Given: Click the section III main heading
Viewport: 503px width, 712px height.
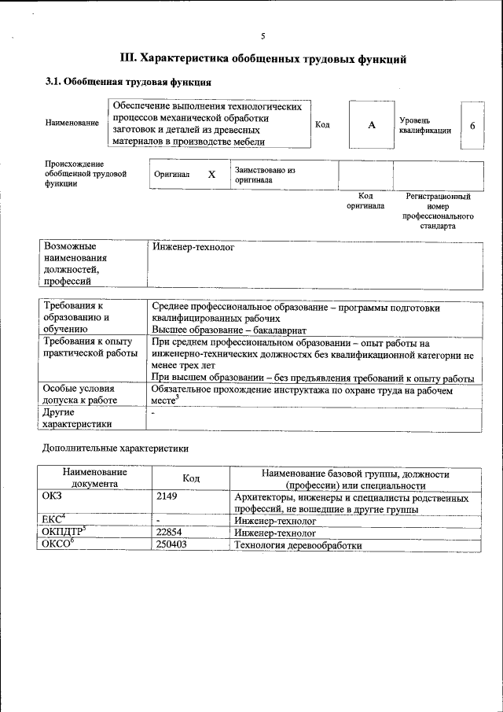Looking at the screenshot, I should click(263, 58).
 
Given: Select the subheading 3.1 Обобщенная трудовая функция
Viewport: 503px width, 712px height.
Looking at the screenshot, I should click(127, 82).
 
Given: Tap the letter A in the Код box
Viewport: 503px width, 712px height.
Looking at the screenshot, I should click(372, 125).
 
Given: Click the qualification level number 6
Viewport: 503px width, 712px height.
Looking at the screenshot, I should click(472, 125).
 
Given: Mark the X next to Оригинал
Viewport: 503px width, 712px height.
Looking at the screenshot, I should click(211, 175).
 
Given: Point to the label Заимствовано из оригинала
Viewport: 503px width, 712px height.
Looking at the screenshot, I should click(264, 175).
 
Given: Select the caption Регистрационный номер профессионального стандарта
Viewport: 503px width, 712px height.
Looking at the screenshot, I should click(438, 210).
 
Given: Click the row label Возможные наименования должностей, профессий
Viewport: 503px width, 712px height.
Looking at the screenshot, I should click(75, 264).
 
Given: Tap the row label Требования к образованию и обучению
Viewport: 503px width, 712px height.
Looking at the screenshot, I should click(76, 319).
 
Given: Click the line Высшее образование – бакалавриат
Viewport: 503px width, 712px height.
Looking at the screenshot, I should click(229, 330).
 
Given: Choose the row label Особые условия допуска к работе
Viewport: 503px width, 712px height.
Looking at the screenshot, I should click(79, 394).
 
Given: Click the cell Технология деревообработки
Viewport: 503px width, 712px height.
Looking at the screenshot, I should click(298, 544).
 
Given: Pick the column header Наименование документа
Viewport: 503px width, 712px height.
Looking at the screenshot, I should click(95, 479).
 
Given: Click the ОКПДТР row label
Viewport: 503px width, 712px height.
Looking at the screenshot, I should click(61, 533).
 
